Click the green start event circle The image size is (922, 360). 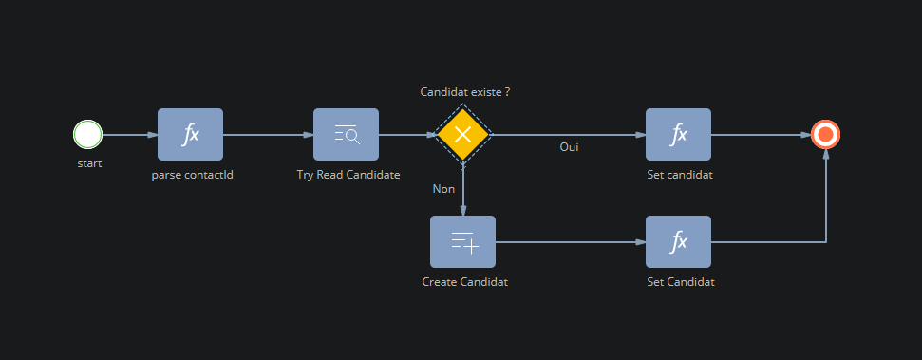pos(87,134)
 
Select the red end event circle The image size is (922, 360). pos(825,134)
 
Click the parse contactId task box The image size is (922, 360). pos(190,134)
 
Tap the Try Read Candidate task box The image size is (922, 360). pos(346,134)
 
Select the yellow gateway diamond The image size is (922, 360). pos(462,134)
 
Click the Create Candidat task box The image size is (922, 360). pos(462,242)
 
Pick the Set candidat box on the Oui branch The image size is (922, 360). pos(678,134)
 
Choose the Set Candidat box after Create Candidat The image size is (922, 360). pos(678,242)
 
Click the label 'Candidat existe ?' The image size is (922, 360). pos(464,92)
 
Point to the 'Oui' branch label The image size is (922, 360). pos(569,147)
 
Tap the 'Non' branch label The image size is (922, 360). pos(444,189)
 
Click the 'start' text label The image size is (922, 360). pos(89,163)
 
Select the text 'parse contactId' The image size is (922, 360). pos(192,175)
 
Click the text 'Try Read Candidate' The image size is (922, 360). pos(348,175)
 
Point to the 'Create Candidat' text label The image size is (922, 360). pos(464,282)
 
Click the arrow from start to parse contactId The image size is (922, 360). pos(130,135)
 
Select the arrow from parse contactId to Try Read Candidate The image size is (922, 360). pos(268,135)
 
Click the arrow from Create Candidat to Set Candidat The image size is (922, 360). pos(571,242)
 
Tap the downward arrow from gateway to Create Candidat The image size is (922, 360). pos(463,189)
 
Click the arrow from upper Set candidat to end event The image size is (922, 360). pos(761,135)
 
